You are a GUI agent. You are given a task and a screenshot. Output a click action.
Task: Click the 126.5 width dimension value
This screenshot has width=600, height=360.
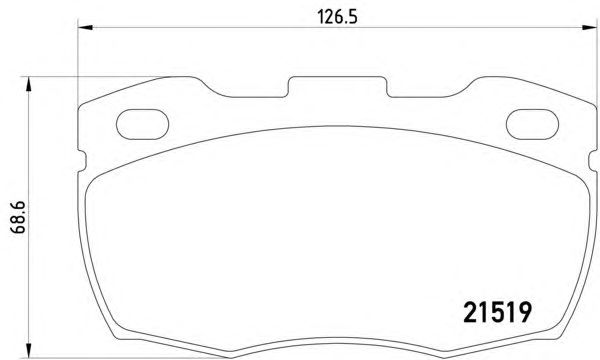click(x=337, y=17)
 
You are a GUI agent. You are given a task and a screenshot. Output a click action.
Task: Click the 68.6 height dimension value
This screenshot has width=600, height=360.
click(x=18, y=217)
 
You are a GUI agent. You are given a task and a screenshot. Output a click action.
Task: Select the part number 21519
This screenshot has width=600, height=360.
click(x=497, y=312)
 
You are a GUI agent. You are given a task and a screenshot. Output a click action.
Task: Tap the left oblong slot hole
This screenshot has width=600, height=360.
click(x=142, y=124)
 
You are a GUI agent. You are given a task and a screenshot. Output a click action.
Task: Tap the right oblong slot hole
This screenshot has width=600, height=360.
click(x=532, y=124)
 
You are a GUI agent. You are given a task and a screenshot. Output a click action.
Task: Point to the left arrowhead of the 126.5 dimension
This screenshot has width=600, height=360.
click(x=85, y=28)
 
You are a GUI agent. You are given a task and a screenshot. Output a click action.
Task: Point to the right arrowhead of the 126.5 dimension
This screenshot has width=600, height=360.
click(x=589, y=28)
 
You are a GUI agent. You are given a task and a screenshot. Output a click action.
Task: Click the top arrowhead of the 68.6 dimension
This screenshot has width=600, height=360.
click(x=28, y=84)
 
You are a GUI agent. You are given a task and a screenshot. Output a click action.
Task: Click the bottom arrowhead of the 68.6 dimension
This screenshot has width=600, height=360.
click(x=28, y=350)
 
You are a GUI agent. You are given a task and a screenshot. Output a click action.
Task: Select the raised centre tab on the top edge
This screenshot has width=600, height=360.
click(x=338, y=86)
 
